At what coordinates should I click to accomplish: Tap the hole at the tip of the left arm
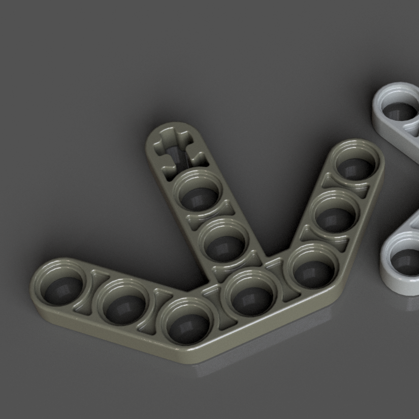pos(62,284)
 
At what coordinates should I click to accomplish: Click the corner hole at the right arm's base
pos(312,266)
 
